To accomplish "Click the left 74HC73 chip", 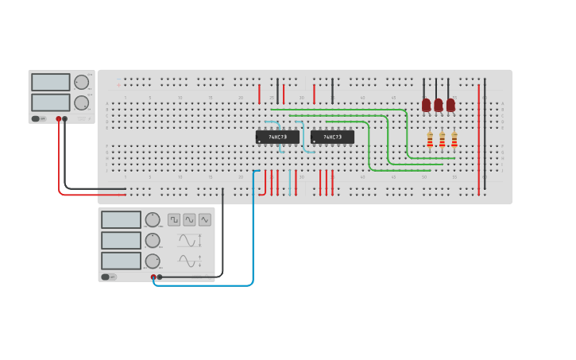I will (277, 137).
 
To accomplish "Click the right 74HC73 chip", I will (332, 137).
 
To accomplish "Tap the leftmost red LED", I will (426, 104).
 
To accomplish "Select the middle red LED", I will (438, 104).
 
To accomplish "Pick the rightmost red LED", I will (450, 104).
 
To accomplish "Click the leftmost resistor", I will (430, 140).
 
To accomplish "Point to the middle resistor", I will (443, 140).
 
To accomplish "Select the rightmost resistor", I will (454, 140).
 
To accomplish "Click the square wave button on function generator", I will (173, 219).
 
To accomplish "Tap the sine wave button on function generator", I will (189, 219).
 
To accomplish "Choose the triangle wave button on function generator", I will (205, 219).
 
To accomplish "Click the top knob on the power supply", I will (82, 82).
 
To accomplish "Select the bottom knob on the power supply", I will (82, 103).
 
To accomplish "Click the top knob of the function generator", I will (153, 219).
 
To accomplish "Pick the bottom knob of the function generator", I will (153, 261).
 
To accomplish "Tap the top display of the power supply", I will (50, 82).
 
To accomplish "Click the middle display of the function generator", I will (121, 240).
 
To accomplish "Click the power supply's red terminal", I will (58, 118).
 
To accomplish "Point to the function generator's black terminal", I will (160, 277).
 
